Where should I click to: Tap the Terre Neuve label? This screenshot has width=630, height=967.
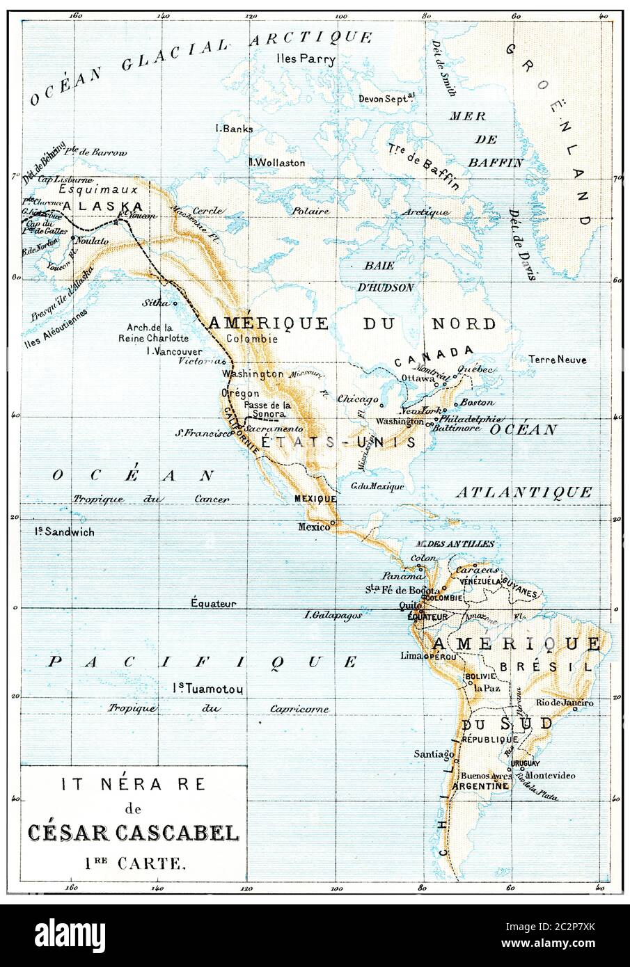pos(557,360)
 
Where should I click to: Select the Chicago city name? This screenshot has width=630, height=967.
pos(356,400)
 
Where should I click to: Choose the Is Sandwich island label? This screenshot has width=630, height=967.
pos(65,532)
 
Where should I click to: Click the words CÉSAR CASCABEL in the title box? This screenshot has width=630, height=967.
pos(133,833)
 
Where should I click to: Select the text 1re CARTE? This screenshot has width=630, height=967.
pos(132,865)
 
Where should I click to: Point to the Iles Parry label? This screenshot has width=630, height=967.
pos(306,59)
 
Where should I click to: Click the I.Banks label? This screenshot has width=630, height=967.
pos(235,129)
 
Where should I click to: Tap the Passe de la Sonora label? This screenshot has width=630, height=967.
pos(267,409)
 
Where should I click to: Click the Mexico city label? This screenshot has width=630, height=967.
pos(313,527)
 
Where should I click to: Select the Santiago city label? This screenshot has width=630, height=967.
pos(434,753)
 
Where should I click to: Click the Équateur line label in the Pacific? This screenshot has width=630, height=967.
pos(214,604)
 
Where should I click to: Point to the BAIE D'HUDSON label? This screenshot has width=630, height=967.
pos(388,276)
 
